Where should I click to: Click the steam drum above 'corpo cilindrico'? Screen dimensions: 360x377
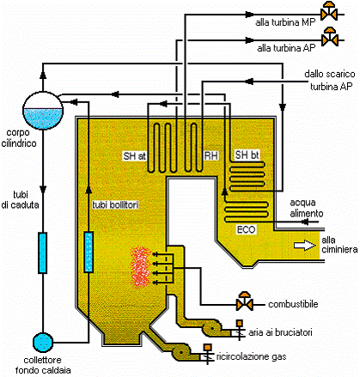tap(43, 111)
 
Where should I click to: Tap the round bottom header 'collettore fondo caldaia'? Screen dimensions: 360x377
tap(43, 343)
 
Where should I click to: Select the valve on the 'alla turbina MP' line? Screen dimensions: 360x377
tap(329, 11)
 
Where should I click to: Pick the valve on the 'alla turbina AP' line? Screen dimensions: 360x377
tap(330, 37)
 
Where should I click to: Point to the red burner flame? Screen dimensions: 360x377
tap(140, 268)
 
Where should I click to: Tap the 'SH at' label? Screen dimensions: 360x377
tap(134, 156)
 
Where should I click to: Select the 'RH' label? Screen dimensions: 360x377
tap(211, 155)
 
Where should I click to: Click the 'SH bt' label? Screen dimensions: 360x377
tap(247, 155)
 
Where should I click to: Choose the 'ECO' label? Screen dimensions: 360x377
tap(246, 229)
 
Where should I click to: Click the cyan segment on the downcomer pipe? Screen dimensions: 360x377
tap(43, 252)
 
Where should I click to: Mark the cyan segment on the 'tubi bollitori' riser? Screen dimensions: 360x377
tap(88, 252)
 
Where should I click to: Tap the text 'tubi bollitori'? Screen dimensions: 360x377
tap(115, 204)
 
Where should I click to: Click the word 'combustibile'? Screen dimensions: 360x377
tap(293, 304)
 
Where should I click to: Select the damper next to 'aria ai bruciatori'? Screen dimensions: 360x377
tap(240, 330)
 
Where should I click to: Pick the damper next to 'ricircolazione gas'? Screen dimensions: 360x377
tap(208, 354)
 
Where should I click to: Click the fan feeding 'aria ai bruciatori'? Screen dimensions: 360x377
tap(212, 328)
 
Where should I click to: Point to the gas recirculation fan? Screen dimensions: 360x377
tap(181, 352)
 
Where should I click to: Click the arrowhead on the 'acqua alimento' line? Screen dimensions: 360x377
tap(305, 222)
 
